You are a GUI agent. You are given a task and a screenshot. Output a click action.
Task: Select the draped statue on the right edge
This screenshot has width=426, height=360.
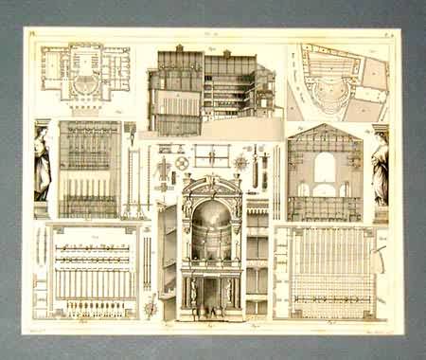tap(380, 169)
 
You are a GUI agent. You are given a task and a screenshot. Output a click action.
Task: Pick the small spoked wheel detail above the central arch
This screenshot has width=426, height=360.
tap(181, 163)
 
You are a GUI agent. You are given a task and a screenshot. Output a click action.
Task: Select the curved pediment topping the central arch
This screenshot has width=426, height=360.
tap(210, 181)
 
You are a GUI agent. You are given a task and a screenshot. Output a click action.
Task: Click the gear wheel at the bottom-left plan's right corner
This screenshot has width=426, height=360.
tap(151, 305)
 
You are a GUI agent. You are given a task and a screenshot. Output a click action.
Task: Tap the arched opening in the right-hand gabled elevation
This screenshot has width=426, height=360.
tap(325, 169)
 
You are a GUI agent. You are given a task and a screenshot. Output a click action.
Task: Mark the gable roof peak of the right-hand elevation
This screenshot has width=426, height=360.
tap(325, 127)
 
